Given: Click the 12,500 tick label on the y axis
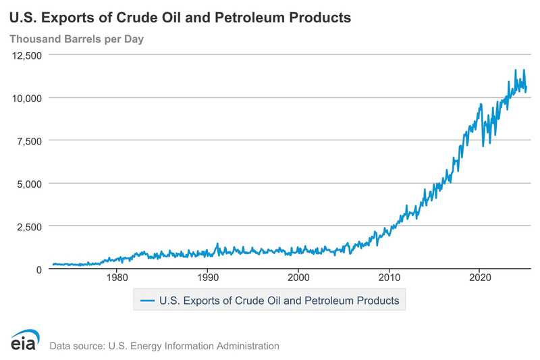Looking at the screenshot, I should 28,55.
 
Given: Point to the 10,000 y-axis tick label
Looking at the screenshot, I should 28,98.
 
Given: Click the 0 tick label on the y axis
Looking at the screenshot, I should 39,269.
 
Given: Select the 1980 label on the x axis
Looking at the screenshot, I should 117,278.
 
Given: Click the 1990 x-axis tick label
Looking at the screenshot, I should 208,278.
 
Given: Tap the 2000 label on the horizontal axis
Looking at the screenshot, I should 298,278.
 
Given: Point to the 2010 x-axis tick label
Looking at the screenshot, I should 389,278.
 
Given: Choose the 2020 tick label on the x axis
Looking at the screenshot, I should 479,278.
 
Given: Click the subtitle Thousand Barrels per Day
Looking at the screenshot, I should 76,39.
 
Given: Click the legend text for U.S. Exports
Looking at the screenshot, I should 277,299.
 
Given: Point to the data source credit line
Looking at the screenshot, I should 164,346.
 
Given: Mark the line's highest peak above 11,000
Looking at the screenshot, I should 516,70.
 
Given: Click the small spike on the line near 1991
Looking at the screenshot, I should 217,244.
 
